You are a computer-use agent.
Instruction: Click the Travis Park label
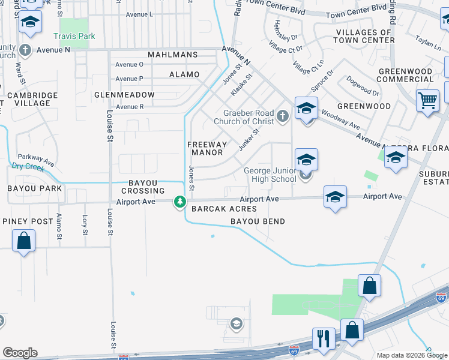(x=74, y=36)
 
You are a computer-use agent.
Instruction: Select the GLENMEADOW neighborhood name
(x=124, y=95)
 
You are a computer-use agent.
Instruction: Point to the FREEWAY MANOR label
(x=207, y=148)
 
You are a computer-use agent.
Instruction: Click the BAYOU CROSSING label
(x=147, y=187)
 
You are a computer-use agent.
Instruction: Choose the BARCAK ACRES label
(x=224, y=209)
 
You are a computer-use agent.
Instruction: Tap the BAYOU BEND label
(x=258, y=221)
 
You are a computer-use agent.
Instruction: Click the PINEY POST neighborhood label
(x=28, y=221)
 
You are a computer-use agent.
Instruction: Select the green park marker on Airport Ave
(x=179, y=202)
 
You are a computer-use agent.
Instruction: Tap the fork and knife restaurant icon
(x=323, y=338)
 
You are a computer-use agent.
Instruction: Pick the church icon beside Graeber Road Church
(x=283, y=115)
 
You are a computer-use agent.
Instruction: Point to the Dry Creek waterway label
(x=28, y=167)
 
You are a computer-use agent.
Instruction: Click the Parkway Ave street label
(x=36, y=159)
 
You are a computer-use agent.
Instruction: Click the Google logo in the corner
(x=19, y=353)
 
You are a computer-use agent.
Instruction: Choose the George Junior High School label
(x=270, y=175)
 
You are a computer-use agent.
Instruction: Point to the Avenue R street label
(x=130, y=107)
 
